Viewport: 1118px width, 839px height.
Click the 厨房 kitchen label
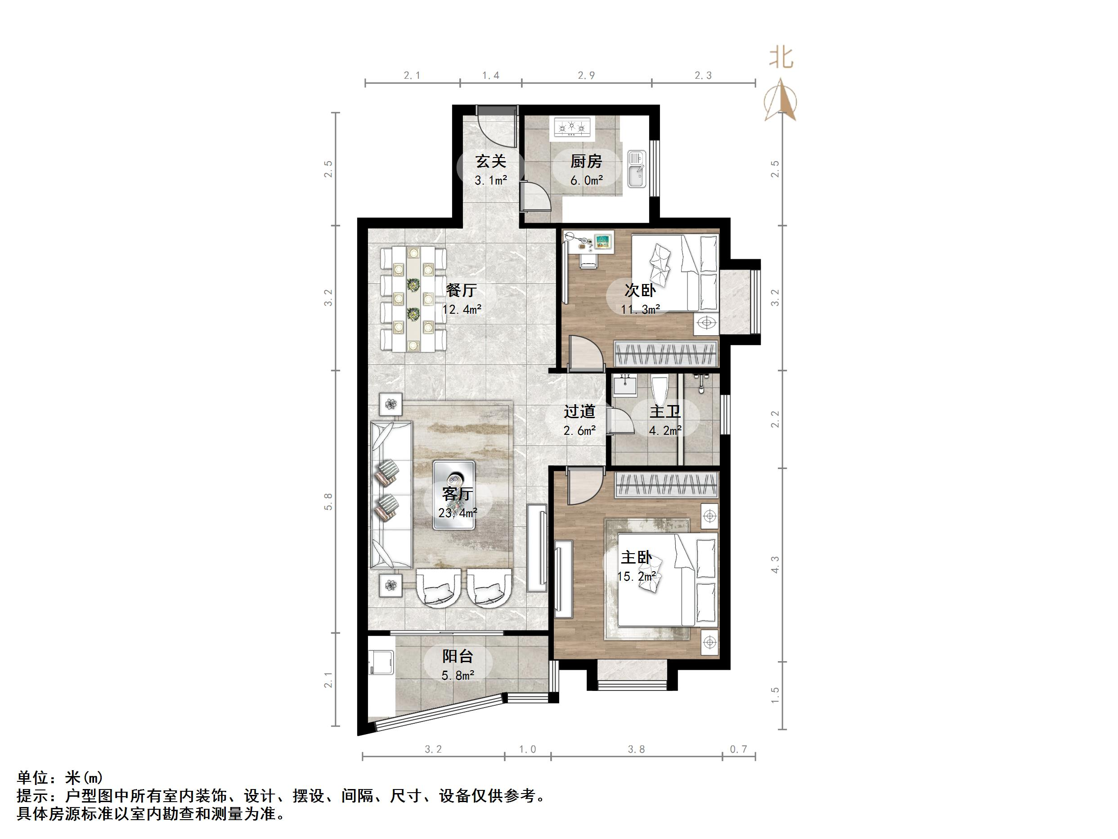(586, 162)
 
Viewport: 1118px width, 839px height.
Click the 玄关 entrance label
(491, 162)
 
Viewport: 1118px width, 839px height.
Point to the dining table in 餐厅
(414, 299)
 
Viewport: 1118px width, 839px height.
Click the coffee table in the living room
(454, 495)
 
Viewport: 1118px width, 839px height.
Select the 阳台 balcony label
(458, 656)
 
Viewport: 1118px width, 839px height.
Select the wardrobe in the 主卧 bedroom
(667, 484)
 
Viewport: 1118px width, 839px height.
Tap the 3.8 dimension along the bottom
(636, 749)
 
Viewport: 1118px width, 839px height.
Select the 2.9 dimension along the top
(586, 75)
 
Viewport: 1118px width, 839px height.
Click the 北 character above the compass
(781, 58)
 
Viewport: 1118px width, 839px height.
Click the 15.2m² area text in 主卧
(637, 577)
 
